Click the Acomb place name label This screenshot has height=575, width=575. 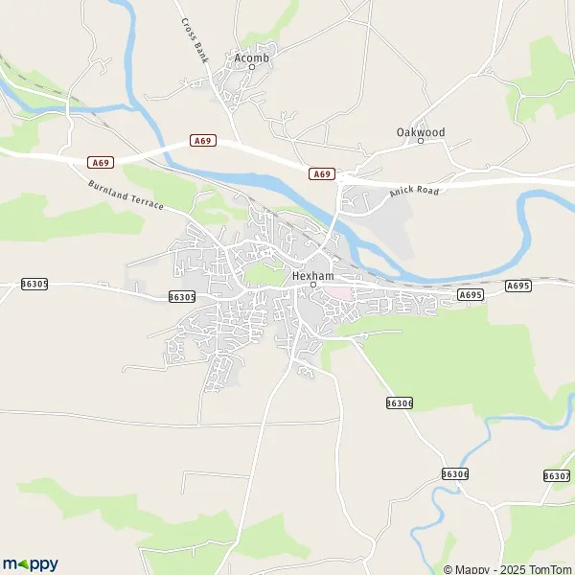[x=252, y=58]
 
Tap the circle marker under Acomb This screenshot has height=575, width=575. [x=252, y=68]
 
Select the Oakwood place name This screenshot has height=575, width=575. [x=420, y=131]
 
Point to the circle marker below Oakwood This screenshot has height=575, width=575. [x=420, y=141]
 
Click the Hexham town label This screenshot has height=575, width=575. [x=312, y=275]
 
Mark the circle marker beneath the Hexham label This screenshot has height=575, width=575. [x=312, y=285]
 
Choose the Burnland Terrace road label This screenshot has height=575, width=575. [x=126, y=195]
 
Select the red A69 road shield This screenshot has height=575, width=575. [x=323, y=173]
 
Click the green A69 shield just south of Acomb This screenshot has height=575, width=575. [x=202, y=140]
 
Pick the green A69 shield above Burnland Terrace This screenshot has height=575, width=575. [x=101, y=162]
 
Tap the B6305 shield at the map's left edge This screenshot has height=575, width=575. [x=34, y=285]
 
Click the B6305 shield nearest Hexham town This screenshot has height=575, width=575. [x=181, y=297]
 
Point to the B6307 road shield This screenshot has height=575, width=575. [x=556, y=475]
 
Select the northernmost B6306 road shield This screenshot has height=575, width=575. [x=401, y=403]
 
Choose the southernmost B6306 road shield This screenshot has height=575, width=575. [x=455, y=473]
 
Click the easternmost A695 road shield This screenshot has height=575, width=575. [x=517, y=285]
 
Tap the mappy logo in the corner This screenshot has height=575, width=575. [x=30, y=563]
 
